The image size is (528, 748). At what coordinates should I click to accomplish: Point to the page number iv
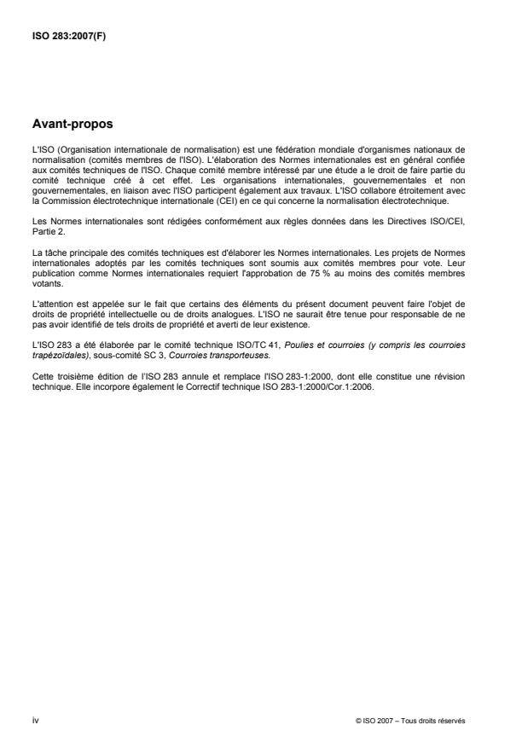pyautogui.click(x=35, y=722)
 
